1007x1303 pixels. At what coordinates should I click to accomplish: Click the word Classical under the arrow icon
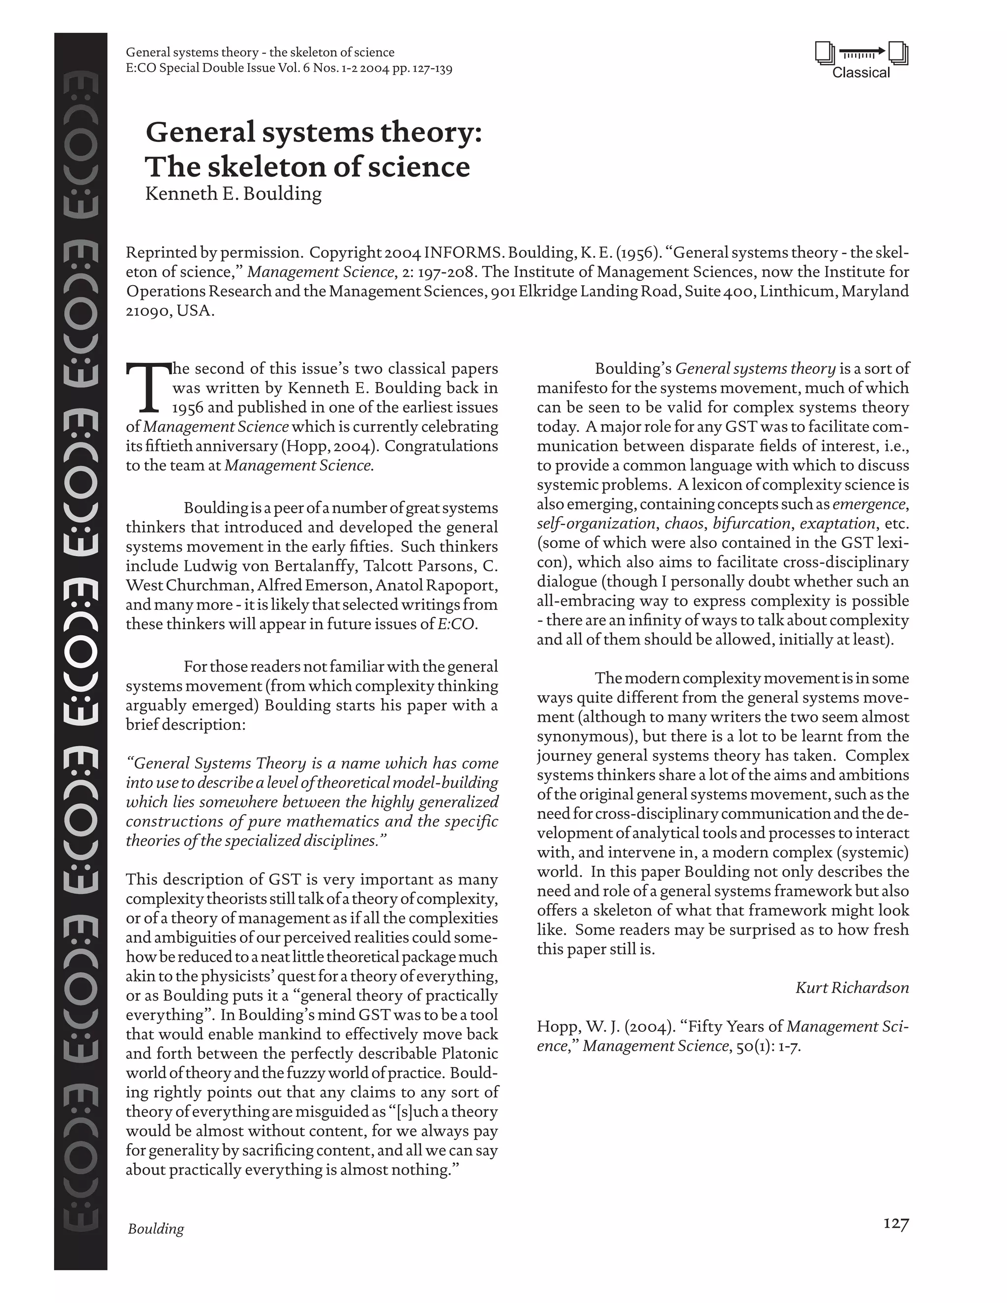coord(860,73)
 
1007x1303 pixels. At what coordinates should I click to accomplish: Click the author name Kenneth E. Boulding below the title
coord(233,193)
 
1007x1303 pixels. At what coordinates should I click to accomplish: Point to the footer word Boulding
coord(156,1228)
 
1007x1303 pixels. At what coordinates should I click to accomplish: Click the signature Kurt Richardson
coord(852,987)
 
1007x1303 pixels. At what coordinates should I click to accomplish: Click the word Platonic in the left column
coord(470,1053)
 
